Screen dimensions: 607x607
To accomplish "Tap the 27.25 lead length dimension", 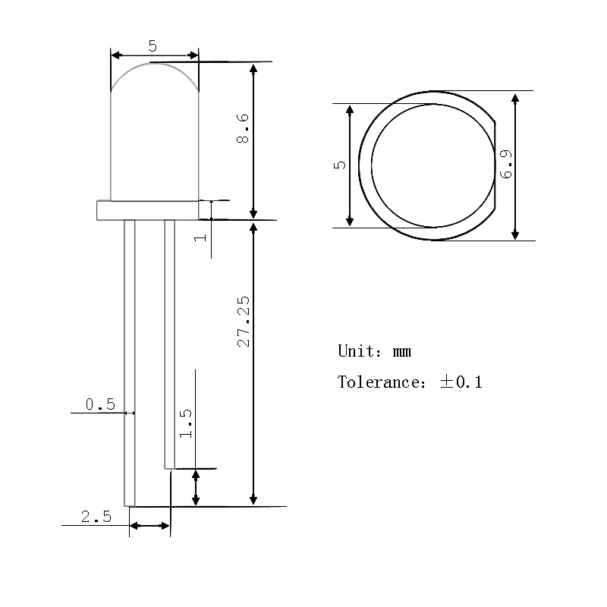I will pos(243,327).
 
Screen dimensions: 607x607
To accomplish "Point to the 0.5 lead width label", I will pos(100,404).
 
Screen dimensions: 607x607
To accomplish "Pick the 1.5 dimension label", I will pos(186,424).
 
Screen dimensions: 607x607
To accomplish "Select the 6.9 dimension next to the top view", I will pos(507,164).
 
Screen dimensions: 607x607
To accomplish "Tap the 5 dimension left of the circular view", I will pos(341,165).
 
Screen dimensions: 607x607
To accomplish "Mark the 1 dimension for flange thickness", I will pos(200,236).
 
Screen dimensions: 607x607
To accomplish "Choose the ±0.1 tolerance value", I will pos(461,382).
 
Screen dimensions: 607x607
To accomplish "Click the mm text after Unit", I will pos(402,351).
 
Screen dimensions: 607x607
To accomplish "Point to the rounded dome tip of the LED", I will pos(155,67).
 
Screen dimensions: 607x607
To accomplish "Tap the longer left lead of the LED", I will pos(130,364).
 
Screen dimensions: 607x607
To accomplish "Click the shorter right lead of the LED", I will pos(169,341).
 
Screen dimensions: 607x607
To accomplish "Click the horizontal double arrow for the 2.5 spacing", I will pos(150,526).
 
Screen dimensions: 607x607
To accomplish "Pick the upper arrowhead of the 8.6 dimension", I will pos(254,68).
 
